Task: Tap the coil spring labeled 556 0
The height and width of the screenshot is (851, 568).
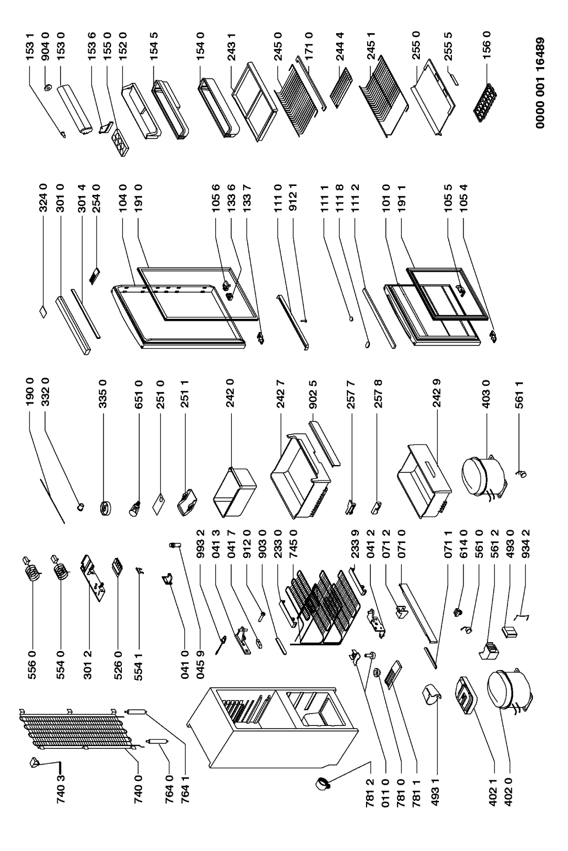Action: click(x=31, y=570)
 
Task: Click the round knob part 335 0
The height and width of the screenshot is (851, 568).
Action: click(x=105, y=508)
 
